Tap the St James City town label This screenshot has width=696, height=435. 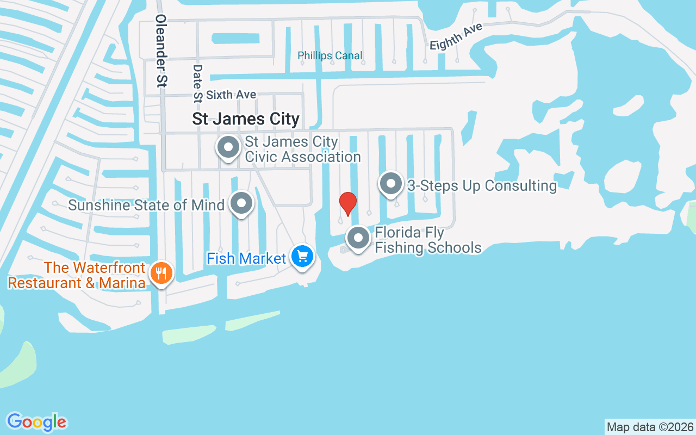point(246,119)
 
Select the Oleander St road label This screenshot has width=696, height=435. point(161,51)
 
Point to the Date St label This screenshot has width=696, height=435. point(197,83)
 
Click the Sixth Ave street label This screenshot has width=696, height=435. point(231,95)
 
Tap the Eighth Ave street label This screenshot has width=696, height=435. point(456,37)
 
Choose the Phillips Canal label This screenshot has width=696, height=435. point(330,55)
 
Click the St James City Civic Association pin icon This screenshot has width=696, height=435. point(228,147)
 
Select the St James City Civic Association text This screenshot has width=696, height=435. point(302,149)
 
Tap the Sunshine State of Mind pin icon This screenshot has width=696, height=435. point(241,204)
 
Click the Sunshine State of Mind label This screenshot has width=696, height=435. point(146,205)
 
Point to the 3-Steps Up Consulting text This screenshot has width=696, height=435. point(482,185)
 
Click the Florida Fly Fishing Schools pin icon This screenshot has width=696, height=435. point(358,238)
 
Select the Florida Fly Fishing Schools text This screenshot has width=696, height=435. point(428,240)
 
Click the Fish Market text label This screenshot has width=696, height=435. point(246,258)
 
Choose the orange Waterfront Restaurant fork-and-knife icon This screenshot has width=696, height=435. point(161,273)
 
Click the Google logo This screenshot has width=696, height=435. point(37,422)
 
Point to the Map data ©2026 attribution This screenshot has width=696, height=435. point(650,427)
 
